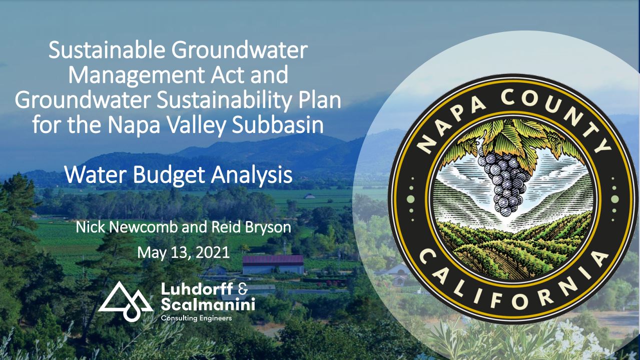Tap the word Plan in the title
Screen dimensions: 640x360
(317, 100)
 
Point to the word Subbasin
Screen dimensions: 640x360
(277, 125)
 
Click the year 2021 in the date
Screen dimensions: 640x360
(213, 252)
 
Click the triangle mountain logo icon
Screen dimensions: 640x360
(126, 301)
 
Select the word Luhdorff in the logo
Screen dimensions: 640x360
(197, 288)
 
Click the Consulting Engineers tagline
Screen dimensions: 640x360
(196, 318)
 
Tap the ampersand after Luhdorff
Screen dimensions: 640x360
(242, 288)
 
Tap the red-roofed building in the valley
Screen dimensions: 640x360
(273, 264)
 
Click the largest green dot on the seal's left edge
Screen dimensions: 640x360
(410, 199)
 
